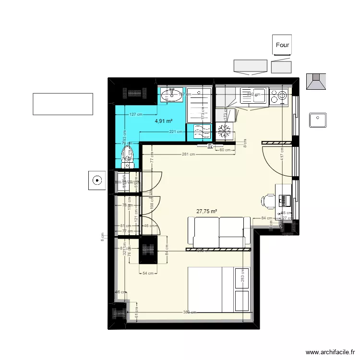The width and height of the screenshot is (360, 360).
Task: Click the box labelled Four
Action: pos(282,45)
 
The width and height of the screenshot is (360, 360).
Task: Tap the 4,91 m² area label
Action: pos(164,121)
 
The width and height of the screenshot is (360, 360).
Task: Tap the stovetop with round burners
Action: pos(279,96)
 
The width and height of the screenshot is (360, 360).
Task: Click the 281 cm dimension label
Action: pos(188,154)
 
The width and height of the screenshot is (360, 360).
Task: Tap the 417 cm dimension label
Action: pos(283,156)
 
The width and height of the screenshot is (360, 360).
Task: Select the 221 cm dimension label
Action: pos(176,132)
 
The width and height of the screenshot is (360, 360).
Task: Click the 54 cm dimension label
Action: pos(147,274)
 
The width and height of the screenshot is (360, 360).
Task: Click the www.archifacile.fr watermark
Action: pos(329,352)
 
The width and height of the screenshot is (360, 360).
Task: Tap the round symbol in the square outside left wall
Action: pos(97,181)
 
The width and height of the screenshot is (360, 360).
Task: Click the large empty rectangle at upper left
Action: pos(62,104)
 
